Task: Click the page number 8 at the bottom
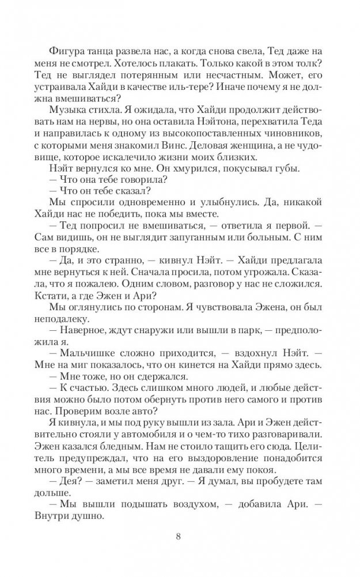click(x=180, y=538)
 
